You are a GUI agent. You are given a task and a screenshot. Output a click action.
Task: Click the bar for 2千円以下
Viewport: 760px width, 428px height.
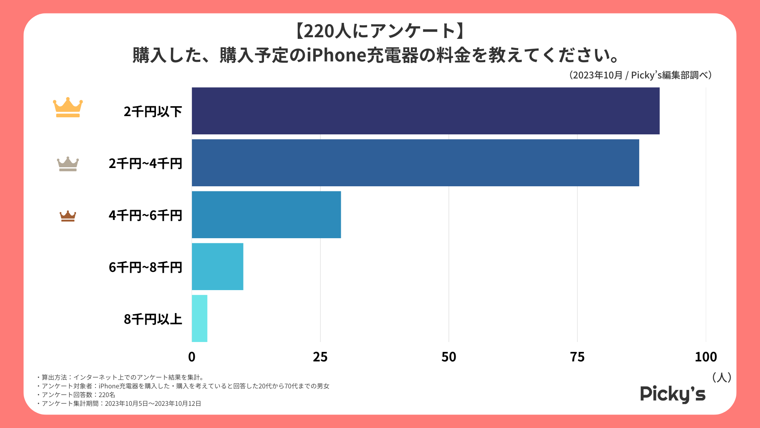point(426,111)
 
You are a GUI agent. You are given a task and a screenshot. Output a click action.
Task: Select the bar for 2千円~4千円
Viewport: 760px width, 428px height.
point(415,162)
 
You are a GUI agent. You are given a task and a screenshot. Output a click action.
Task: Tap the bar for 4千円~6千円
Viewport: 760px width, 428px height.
point(266,214)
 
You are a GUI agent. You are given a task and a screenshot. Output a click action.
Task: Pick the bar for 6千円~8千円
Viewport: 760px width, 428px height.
point(217,266)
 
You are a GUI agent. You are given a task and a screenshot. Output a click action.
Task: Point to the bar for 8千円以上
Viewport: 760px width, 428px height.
point(199,318)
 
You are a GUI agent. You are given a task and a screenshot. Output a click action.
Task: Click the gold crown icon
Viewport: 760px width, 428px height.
point(68,107)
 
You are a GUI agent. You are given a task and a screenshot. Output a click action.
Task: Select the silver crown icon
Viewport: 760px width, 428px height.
point(68,164)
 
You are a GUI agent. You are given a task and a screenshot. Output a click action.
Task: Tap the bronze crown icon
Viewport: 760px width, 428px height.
point(68,216)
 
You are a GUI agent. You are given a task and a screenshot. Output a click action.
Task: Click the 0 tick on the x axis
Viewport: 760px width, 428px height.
point(192,357)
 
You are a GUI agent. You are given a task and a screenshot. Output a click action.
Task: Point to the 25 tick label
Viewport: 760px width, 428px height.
point(320,357)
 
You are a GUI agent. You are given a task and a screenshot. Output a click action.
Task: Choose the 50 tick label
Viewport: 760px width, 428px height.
point(449,357)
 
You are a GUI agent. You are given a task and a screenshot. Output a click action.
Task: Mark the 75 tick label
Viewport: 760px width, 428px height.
point(577,357)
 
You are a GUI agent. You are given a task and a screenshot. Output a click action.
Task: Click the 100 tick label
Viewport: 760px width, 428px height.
point(706,357)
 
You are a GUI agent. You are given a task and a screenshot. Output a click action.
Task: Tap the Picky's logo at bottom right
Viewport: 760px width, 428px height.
point(673,394)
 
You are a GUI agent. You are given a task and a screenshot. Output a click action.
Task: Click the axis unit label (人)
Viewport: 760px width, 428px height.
point(721,377)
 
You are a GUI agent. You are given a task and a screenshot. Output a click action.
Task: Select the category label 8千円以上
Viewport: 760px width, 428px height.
point(153,319)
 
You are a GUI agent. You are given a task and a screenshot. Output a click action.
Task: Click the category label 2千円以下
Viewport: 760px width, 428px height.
point(153,112)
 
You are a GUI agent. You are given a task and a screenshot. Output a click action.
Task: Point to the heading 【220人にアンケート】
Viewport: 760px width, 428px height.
point(380,31)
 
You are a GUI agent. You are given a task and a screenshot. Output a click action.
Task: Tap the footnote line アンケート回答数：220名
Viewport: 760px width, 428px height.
point(78,395)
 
